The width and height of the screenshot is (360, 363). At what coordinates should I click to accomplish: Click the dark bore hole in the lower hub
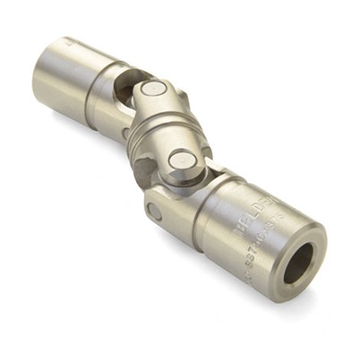pos(298,263)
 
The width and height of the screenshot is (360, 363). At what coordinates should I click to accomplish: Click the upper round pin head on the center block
pos(153,89)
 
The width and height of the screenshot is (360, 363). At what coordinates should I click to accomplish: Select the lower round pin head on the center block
pos(184,160)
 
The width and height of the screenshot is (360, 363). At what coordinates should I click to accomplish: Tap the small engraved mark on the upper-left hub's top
pos(66,41)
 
